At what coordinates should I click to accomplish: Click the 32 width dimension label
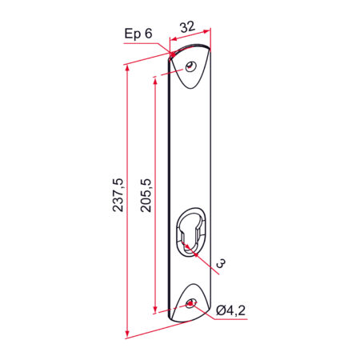click(x=188, y=27)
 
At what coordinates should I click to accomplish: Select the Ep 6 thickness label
click(x=138, y=34)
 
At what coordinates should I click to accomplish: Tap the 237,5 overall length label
click(x=118, y=195)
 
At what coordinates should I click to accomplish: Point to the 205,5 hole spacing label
click(x=146, y=195)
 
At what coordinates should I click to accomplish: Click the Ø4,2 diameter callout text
click(x=231, y=310)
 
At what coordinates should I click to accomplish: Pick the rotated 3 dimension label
click(x=221, y=263)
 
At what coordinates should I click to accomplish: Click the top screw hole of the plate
click(x=191, y=66)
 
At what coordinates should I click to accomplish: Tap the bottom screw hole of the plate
click(x=190, y=303)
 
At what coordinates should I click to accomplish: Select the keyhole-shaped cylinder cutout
click(x=190, y=231)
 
